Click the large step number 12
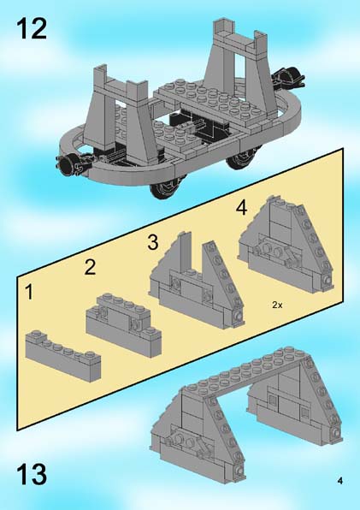pyautogui.click(x=31, y=28)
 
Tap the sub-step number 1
pyautogui.click(x=29, y=292)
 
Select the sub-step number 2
pyautogui.click(x=90, y=267)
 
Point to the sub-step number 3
pyautogui.click(x=153, y=242)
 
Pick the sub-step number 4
pyautogui.click(x=241, y=208)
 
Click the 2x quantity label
pyautogui.click(x=277, y=305)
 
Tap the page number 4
pyautogui.click(x=339, y=480)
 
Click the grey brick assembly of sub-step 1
pyautogui.click(x=63, y=354)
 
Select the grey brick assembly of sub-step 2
pyautogui.click(x=124, y=325)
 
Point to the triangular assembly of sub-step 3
pyautogui.click(x=196, y=280)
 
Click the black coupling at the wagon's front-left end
pyautogui.click(x=72, y=163)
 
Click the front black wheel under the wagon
pyautogui.click(x=165, y=188)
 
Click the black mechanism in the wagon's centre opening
pyautogui.click(x=192, y=125)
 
